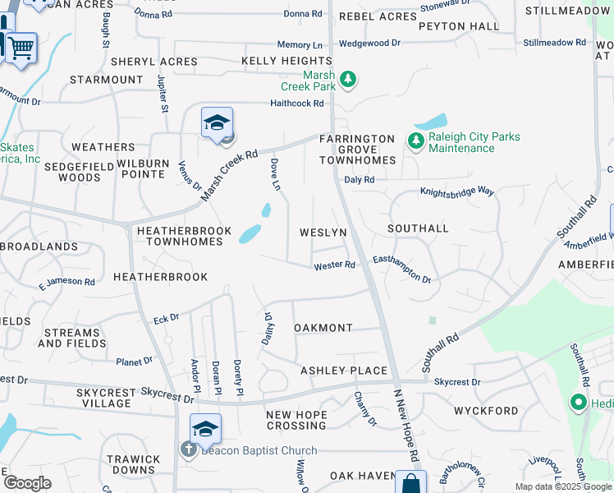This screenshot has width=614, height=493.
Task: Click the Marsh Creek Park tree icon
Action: point(350,79)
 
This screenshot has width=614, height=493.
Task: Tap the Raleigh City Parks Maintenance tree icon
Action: point(416,141)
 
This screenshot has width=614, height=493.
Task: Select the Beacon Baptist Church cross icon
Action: point(187,449)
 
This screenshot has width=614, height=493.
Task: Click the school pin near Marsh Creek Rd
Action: point(217,123)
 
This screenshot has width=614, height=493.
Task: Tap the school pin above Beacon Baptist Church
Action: point(205,428)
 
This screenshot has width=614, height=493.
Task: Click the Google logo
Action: point(27,483)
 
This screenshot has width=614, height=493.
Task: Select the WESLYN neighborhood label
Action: point(323,233)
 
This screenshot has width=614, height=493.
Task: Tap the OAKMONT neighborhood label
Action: point(323,328)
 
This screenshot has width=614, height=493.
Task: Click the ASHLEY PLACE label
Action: point(343,371)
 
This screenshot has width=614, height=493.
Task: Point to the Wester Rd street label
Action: point(334,265)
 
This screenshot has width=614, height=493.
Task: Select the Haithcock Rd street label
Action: point(297,104)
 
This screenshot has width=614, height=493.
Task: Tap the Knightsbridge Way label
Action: point(457,191)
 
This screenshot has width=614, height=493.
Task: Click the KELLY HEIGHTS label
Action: point(286,62)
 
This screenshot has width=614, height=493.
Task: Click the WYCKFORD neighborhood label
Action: point(486,410)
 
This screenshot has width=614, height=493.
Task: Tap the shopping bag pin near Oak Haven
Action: point(410,483)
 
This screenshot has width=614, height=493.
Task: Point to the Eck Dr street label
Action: point(166,317)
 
